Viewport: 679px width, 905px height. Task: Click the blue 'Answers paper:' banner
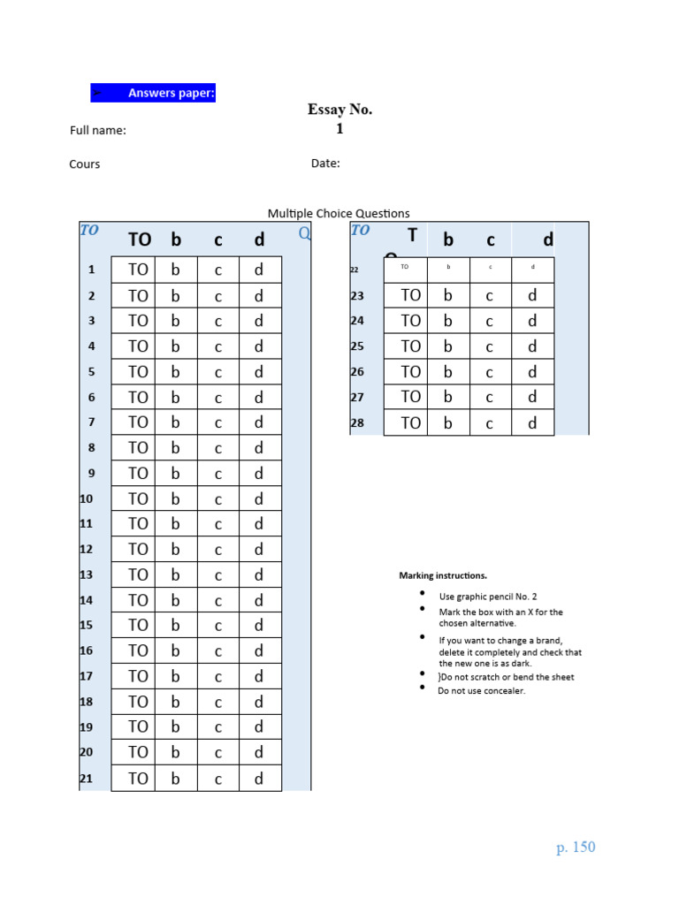click(153, 93)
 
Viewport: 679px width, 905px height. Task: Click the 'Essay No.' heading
click(339, 110)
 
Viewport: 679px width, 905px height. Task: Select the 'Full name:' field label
click(98, 131)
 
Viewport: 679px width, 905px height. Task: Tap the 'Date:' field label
click(325, 164)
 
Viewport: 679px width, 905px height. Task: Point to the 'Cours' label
click(85, 164)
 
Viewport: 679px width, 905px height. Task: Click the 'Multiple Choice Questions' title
click(339, 213)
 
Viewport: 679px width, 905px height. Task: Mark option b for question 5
click(175, 372)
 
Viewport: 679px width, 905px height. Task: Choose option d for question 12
click(259, 550)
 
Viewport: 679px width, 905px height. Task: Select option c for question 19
click(217, 727)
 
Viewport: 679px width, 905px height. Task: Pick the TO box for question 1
click(138, 270)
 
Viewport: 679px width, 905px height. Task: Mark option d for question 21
click(259, 779)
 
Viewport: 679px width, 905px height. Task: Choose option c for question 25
click(489, 346)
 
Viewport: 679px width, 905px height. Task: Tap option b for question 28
click(448, 423)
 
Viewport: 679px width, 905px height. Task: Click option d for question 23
click(532, 296)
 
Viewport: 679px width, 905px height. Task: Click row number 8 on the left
click(91, 448)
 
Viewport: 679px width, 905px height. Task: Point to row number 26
click(357, 372)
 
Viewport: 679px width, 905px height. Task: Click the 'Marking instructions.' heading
click(443, 576)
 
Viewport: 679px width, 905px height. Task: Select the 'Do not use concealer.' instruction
click(482, 691)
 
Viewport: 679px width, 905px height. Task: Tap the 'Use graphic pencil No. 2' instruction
click(488, 597)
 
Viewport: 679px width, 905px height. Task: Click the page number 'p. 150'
click(576, 848)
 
